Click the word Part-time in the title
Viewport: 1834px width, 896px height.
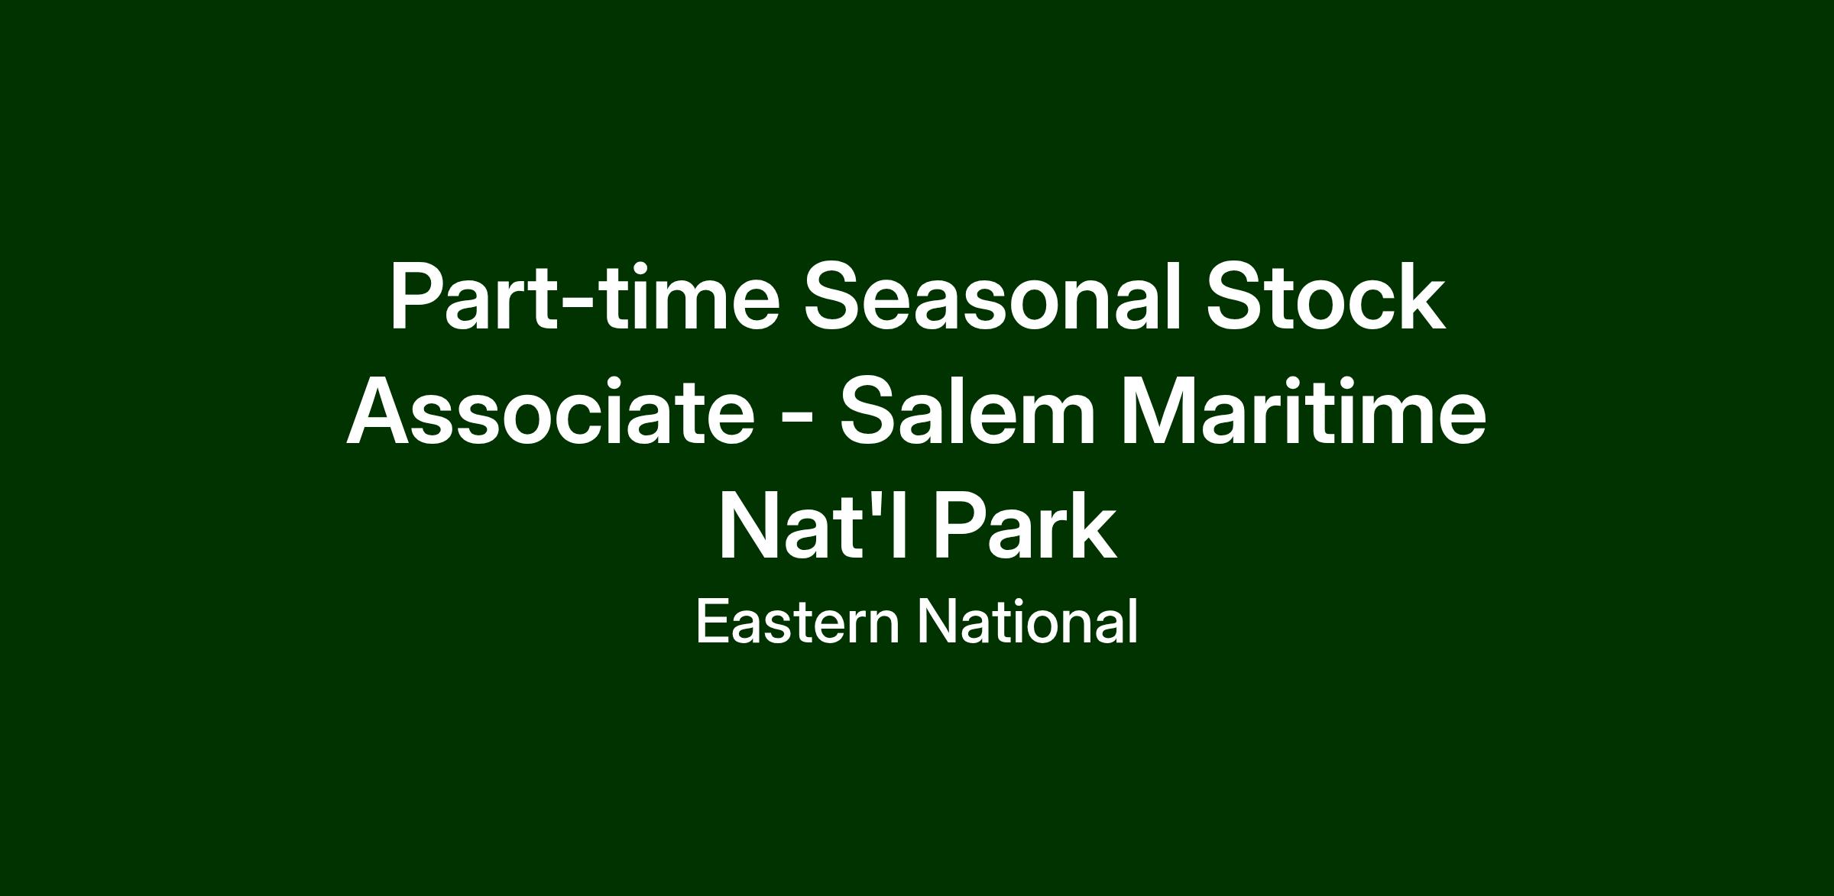(x=585, y=296)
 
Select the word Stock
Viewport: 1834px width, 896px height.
(x=1325, y=296)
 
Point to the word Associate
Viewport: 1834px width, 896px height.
(x=551, y=411)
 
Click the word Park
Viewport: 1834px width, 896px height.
(x=1026, y=526)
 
